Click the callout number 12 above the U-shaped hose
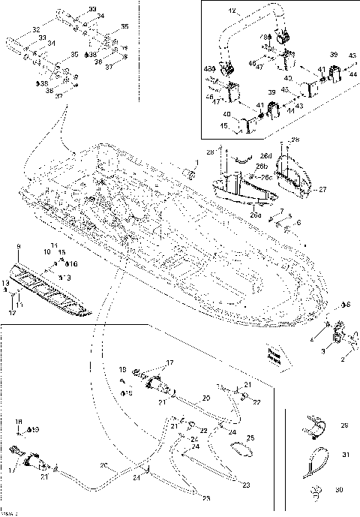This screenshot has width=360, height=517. [x=232, y=11]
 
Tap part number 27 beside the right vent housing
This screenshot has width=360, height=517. [x=323, y=190]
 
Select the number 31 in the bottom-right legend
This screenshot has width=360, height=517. [x=346, y=455]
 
